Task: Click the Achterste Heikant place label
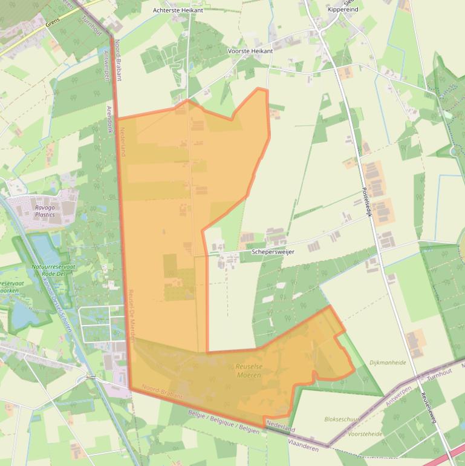tap(178, 10)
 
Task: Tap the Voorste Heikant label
tap(250, 51)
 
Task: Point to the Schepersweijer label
tap(273, 252)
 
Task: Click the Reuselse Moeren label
tap(249, 371)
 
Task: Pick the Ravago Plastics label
tap(45, 211)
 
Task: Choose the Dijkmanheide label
tap(388, 363)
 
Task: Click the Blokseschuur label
tap(342, 419)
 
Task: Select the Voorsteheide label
tap(365, 434)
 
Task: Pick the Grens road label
tap(53, 25)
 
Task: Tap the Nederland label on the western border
tap(122, 142)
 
